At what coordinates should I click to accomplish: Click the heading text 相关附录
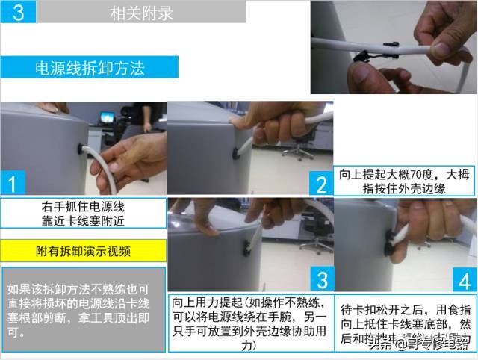(x=142, y=12)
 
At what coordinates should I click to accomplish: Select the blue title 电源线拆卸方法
(x=90, y=67)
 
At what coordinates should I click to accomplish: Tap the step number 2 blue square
(x=321, y=182)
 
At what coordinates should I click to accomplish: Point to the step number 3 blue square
(x=321, y=279)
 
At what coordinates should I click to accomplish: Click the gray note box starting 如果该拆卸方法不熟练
(x=82, y=309)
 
